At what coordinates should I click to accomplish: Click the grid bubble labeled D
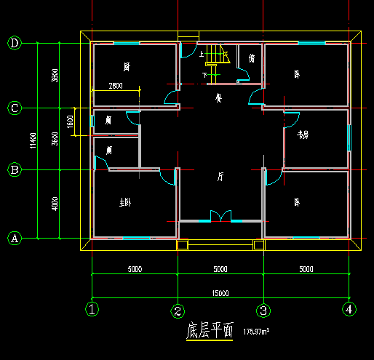point(15,43)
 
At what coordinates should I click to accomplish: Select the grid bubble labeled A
point(15,238)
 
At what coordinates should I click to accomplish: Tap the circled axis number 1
point(92,310)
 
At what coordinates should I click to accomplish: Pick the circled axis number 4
point(350,309)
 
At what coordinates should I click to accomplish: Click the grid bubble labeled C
point(15,108)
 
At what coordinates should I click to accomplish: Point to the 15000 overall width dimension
point(220,293)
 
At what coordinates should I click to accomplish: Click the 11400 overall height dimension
point(32,141)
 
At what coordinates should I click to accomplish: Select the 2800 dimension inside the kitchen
point(115,86)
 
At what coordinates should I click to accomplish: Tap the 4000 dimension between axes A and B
point(55,204)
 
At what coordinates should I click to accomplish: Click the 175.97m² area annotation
point(257,332)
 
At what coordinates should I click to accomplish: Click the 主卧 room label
point(124,203)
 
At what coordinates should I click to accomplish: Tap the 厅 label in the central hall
point(220,177)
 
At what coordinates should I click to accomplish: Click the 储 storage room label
point(252,58)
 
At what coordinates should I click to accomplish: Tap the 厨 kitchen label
point(127,67)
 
